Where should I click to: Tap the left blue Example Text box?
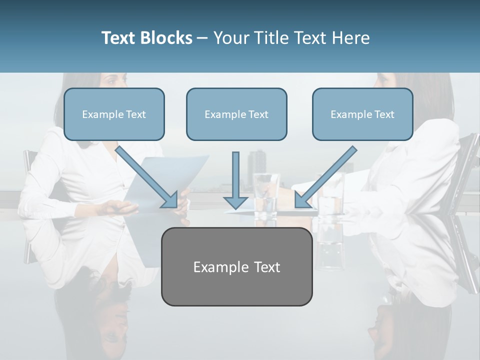(114, 114)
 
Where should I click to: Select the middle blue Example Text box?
(236, 114)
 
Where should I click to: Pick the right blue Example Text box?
(362, 114)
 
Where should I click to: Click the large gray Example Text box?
(236, 267)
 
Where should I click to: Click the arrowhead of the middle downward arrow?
(235, 202)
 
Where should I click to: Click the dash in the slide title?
(202, 38)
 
